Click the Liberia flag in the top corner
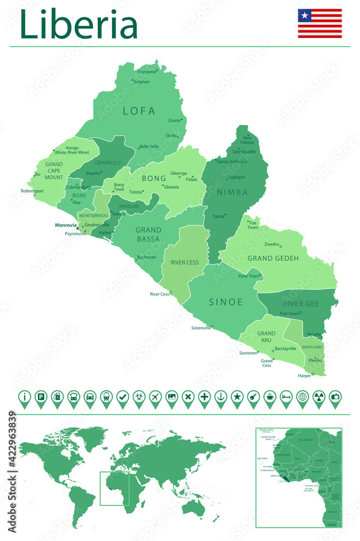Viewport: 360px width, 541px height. tap(319, 23)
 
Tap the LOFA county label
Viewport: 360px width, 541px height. tap(139, 111)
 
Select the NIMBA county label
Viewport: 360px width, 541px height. tap(232, 192)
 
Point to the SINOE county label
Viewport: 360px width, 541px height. tap(226, 302)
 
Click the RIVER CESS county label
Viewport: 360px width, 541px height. tap(185, 262)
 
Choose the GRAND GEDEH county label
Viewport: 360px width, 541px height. tap(273, 259)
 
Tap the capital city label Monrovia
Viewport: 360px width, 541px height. tap(66, 225)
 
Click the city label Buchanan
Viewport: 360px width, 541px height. tap(146, 257)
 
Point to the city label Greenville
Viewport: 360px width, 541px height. tap(201, 328)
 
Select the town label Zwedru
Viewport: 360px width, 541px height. tap(271, 245)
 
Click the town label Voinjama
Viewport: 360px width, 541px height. tap(146, 71)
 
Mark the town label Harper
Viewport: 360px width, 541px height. tap(305, 375)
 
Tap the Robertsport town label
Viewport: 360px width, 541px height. tap(32, 191)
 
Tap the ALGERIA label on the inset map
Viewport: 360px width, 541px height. tap(305, 440)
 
